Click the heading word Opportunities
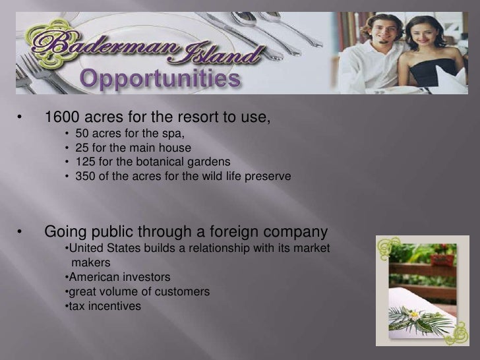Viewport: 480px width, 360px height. [x=160, y=81]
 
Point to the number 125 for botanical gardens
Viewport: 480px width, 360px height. [x=85, y=162]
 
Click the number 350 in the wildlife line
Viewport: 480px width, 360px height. [x=85, y=177]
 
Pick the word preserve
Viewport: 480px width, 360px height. [x=268, y=177]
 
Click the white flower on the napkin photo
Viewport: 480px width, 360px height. [x=414, y=315]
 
